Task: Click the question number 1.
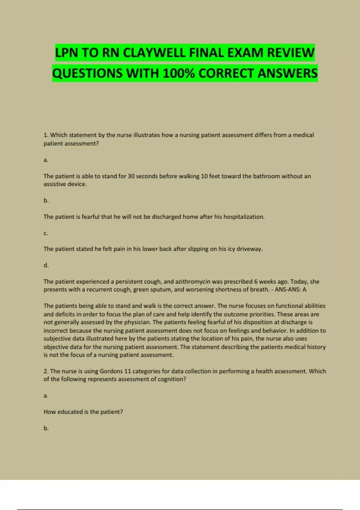[x=46, y=135]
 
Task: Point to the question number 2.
[x=46, y=371]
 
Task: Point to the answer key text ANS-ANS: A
[x=290, y=289]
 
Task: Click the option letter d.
[x=46, y=265]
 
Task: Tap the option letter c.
[x=46, y=233]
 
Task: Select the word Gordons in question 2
[x=111, y=371]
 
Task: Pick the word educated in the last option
[x=70, y=412]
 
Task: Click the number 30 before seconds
[x=131, y=176]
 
